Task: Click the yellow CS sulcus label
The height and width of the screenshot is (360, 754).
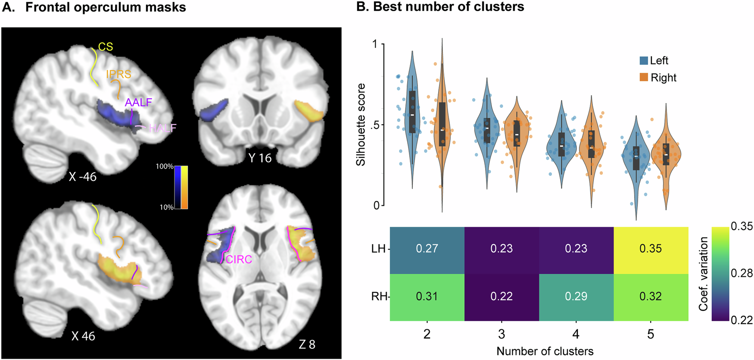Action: click(106, 47)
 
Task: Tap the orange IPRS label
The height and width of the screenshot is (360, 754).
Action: click(118, 74)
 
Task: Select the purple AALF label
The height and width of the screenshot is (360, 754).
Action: click(138, 102)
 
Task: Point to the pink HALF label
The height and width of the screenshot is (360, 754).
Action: click(162, 128)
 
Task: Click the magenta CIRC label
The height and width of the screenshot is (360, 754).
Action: click(239, 259)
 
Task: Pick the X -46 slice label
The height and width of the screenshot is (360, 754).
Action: click(82, 176)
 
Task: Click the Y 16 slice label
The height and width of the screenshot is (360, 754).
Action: click(260, 158)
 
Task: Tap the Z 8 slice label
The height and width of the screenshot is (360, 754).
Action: click(307, 344)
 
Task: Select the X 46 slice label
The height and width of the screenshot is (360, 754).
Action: click(83, 336)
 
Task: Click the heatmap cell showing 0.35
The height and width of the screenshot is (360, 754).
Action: click(651, 249)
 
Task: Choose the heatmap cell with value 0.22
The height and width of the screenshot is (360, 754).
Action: click(502, 297)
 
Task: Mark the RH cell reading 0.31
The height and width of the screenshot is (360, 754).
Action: click(427, 297)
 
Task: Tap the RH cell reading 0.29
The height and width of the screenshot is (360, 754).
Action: click(576, 297)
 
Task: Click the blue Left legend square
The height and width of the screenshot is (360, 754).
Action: click(644, 61)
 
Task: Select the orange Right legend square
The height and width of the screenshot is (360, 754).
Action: click(644, 78)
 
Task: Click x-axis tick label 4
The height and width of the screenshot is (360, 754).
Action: click(576, 334)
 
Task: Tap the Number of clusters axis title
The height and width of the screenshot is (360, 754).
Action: click(545, 351)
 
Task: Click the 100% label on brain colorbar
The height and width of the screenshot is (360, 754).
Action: click(165, 166)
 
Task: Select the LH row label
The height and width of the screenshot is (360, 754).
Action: click(378, 249)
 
